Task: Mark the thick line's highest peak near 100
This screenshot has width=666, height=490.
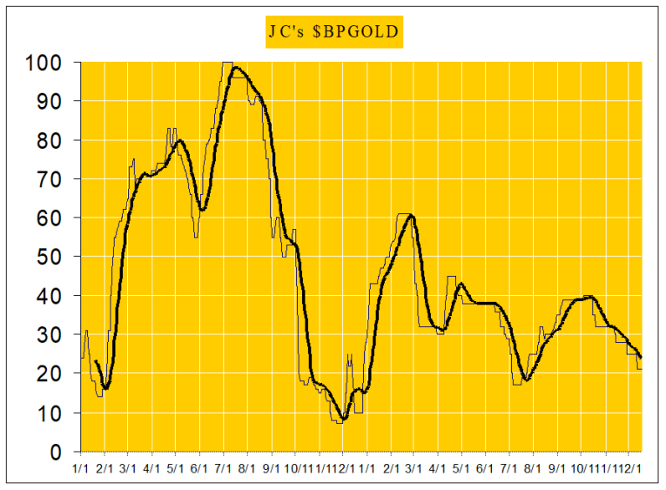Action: [236, 67]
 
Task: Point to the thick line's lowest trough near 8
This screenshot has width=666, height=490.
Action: [343, 420]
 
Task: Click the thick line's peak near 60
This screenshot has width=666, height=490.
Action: [411, 215]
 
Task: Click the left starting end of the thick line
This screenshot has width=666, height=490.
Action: [95, 361]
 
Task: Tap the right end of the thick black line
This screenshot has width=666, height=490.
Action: [642, 358]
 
